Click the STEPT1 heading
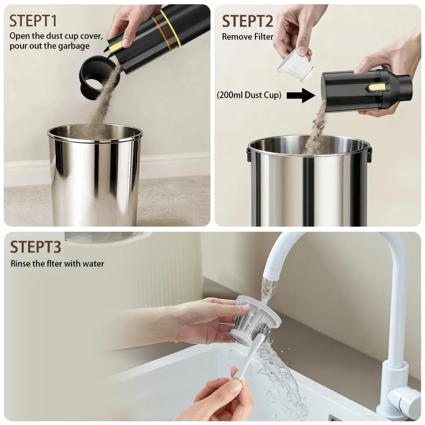[x=33, y=21]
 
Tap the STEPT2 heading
[x=247, y=21]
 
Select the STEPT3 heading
[x=36, y=246]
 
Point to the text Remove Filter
[x=247, y=37]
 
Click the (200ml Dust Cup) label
[x=249, y=95]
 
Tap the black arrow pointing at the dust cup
[x=301, y=95]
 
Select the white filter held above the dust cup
[x=295, y=66]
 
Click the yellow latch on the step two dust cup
[x=376, y=87]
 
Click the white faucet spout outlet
[x=271, y=275]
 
